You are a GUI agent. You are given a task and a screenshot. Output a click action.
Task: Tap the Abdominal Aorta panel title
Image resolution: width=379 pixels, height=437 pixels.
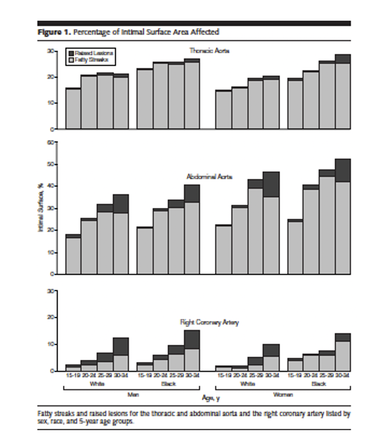coord(209,177)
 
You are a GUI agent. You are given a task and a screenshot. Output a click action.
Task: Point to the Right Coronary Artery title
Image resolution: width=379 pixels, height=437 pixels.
coord(209,322)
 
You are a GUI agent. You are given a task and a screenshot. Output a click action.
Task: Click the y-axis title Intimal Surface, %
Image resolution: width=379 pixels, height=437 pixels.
coord(40,207)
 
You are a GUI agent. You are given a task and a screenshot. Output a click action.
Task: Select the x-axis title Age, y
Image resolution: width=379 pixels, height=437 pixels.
coord(211,399)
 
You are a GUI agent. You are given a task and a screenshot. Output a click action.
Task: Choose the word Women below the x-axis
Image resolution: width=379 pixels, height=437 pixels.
coord(283,394)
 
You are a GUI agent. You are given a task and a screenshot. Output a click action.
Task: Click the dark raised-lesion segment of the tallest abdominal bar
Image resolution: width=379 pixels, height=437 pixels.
coord(343,170)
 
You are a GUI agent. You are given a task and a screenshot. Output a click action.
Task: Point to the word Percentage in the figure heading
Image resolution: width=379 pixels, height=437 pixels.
coord(85,32)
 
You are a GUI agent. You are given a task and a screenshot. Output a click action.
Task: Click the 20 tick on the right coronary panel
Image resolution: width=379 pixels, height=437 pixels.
coord(51,317)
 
